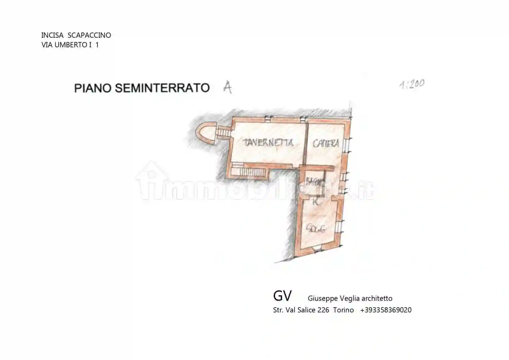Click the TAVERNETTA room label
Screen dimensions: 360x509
268,142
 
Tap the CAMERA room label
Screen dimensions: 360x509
326,143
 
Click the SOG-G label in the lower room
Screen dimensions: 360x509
316,229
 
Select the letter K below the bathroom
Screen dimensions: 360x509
316,202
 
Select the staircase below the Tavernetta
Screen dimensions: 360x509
250,171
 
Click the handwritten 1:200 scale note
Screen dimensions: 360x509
412,84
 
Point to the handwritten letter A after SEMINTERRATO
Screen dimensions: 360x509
227,87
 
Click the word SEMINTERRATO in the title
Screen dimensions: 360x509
162,88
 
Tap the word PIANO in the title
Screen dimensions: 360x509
93,88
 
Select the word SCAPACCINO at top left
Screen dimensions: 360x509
89,35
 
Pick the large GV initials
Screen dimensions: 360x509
282,296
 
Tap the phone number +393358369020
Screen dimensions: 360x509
386,310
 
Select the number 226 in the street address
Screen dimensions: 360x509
323,310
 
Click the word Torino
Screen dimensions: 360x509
343,310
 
